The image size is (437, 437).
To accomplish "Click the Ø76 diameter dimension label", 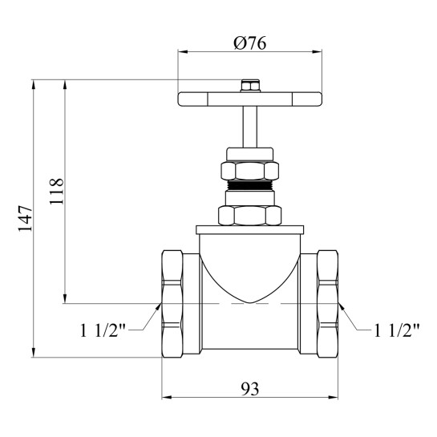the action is click(250, 43).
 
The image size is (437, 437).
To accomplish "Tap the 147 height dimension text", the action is click(26, 219).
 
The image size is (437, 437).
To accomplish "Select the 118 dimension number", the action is click(57, 191).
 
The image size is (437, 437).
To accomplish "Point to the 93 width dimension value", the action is click(249, 389).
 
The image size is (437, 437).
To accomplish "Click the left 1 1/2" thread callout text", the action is click(103, 330).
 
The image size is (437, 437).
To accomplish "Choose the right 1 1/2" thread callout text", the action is click(397, 330).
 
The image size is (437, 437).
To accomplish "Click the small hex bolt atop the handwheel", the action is click(250, 86).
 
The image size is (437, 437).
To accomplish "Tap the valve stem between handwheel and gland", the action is click(249, 127).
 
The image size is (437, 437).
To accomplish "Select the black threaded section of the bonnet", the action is click(249, 184).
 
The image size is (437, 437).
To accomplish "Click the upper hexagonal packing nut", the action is click(249, 171).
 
